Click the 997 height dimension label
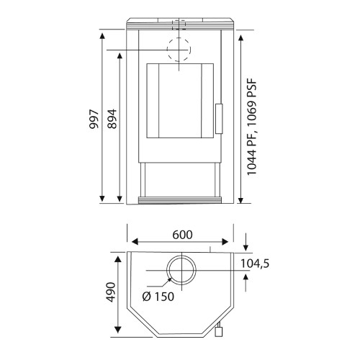click(x=94, y=120)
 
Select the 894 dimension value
click(x=112, y=119)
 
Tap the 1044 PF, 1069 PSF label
click(x=252, y=127)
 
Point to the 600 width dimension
click(x=182, y=235)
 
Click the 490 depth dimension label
click(x=111, y=292)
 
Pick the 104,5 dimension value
click(x=255, y=264)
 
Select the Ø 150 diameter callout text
click(x=158, y=297)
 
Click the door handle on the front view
click(x=219, y=119)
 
